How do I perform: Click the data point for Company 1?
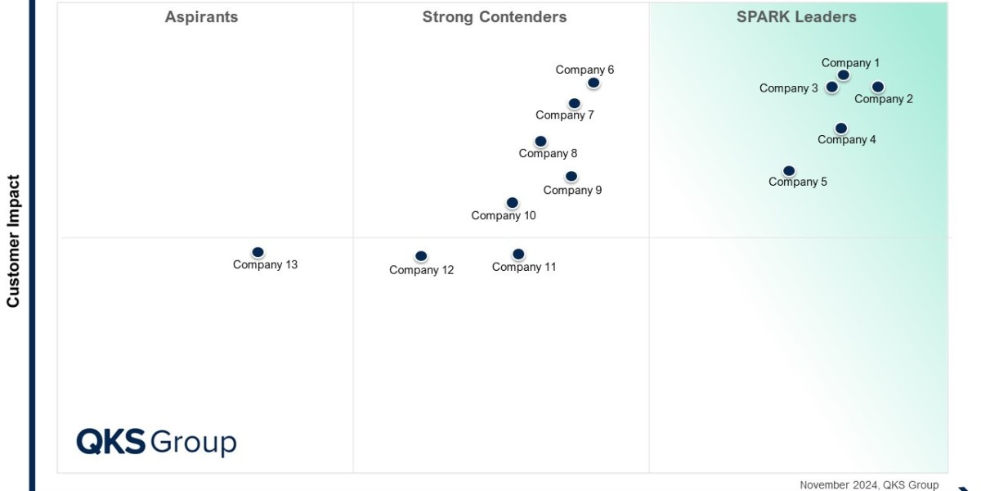pos(843,75)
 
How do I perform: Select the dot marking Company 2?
pos(877,87)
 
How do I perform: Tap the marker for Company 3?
pos(831,87)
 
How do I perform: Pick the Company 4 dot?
pos(840,128)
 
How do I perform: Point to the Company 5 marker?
pos(789,171)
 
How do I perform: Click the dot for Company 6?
pos(594,83)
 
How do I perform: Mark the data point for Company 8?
pos(540,142)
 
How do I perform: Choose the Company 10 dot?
pos(512,203)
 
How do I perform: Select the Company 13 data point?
pos(258,253)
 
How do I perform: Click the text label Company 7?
pos(565,115)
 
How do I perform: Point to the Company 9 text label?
pos(572,191)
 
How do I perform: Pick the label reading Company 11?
pos(524,267)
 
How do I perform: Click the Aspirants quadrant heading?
pos(201,17)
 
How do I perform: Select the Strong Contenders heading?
pos(494,17)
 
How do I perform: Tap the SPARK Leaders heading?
pos(796,17)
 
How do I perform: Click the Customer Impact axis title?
pos(13,241)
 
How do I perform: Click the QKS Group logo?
pos(156,442)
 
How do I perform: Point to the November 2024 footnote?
pos(868,485)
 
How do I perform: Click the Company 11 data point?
pos(518,255)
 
